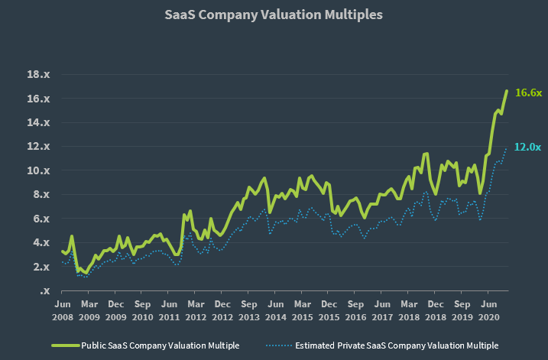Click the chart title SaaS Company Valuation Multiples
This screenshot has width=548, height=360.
click(x=274, y=15)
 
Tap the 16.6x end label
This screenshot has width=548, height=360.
click(x=528, y=92)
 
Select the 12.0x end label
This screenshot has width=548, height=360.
click(x=527, y=148)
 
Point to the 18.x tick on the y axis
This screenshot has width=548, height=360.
click(x=38, y=74)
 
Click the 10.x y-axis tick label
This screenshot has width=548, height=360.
click(x=38, y=170)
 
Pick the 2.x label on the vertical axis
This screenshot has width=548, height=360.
click(x=41, y=267)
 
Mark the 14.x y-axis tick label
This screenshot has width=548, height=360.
click(x=38, y=123)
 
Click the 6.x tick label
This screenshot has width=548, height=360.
click(x=41, y=219)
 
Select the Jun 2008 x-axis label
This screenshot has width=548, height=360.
click(x=63, y=311)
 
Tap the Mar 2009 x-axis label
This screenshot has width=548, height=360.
click(x=89, y=311)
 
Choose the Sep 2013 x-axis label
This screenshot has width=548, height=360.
click(x=249, y=311)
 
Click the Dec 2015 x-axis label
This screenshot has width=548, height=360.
click(x=329, y=311)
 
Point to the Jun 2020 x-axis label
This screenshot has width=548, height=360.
click(x=488, y=311)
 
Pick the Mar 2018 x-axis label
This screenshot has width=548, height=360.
click(x=409, y=311)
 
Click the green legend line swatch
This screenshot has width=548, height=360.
click(x=66, y=345)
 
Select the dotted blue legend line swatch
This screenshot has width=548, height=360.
click(x=278, y=345)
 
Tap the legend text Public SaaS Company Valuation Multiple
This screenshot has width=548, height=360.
click(x=161, y=345)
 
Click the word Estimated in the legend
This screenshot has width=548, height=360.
click(x=315, y=345)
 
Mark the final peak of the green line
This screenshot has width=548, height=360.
click(x=507, y=91)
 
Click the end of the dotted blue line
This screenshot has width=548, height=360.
click(x=506, y=148)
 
